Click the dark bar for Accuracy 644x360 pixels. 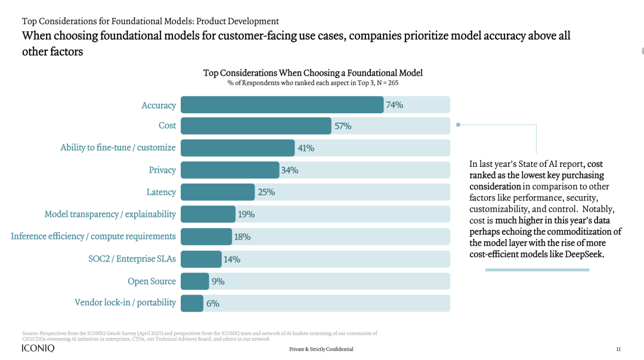point(282,105)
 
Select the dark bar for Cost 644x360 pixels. point(256,126)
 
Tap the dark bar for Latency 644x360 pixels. point(218,192)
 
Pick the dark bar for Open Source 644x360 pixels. point(195,281)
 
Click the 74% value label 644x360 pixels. point(394,105)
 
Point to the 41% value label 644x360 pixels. point(306,148)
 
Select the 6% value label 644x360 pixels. point(213,303)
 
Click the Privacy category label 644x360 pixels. point(162,170)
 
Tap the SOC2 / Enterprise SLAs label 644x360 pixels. point(128,259)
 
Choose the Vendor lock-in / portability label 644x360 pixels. point(125,302)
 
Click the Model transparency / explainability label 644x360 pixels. point(110,214)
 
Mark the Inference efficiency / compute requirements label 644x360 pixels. point(94,236)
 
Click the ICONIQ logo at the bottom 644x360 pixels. point(38,349)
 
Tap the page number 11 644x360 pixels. point(618,349)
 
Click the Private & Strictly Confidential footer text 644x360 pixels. point(321,349)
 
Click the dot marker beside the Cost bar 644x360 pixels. point(458,125)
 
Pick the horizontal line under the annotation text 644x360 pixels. point(537,270)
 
